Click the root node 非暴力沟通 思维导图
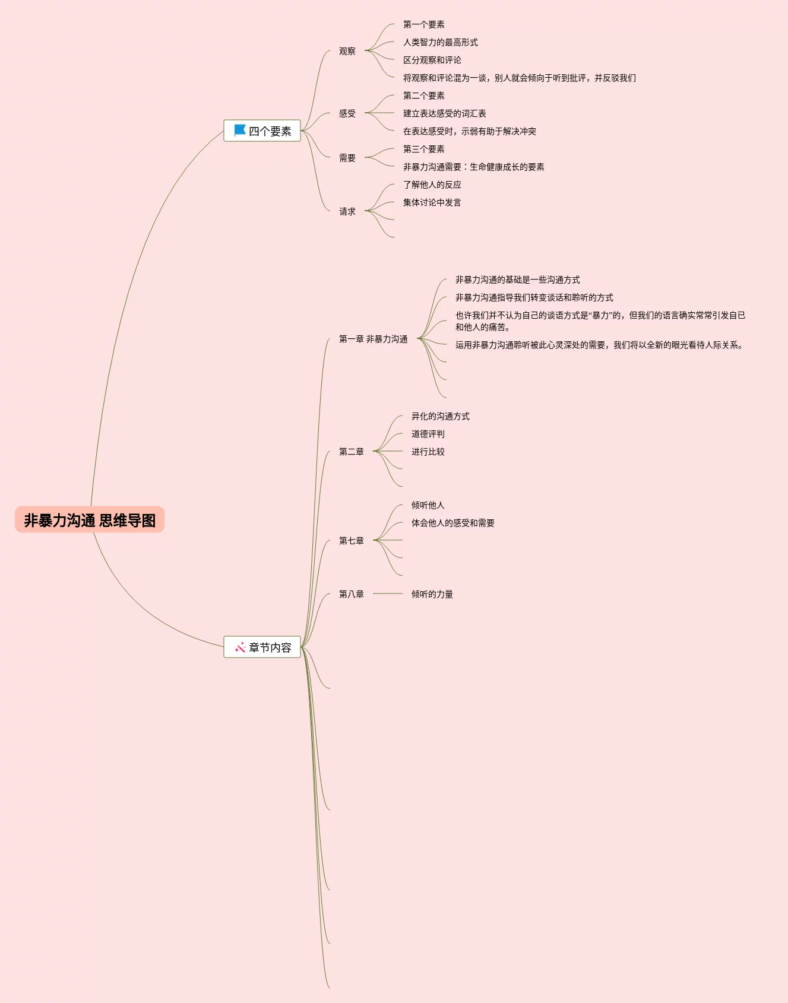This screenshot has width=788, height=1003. [x=90, y=520]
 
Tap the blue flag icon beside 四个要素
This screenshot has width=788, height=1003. [x=240, y=130]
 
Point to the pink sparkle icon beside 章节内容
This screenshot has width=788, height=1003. [x=240, y=647]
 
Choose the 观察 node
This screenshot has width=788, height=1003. [x=347, y=51]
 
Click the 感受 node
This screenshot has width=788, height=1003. [x=347, y=113]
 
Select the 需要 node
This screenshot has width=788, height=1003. [x=347, y=158]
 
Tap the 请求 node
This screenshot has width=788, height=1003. [x=347, y=211]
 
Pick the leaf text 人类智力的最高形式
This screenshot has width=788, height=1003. [x=440, y=42]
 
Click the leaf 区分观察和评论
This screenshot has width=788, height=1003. [x=432, y=60]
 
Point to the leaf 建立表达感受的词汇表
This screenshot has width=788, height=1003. [x=444, y=113]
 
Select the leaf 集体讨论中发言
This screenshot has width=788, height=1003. [x=432, y=202]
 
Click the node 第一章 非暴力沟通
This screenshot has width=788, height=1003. [x=373, y=339]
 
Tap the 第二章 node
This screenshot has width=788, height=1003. [x=352, y=452]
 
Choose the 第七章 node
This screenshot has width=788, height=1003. [x=352, y=541]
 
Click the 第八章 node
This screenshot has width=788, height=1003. [x=352, y=594]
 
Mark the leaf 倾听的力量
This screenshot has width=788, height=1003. [x=432, y=594]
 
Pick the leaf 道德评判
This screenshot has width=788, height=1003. [x=428, y=434]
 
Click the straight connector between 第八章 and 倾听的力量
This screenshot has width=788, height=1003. [x=388, y=593]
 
